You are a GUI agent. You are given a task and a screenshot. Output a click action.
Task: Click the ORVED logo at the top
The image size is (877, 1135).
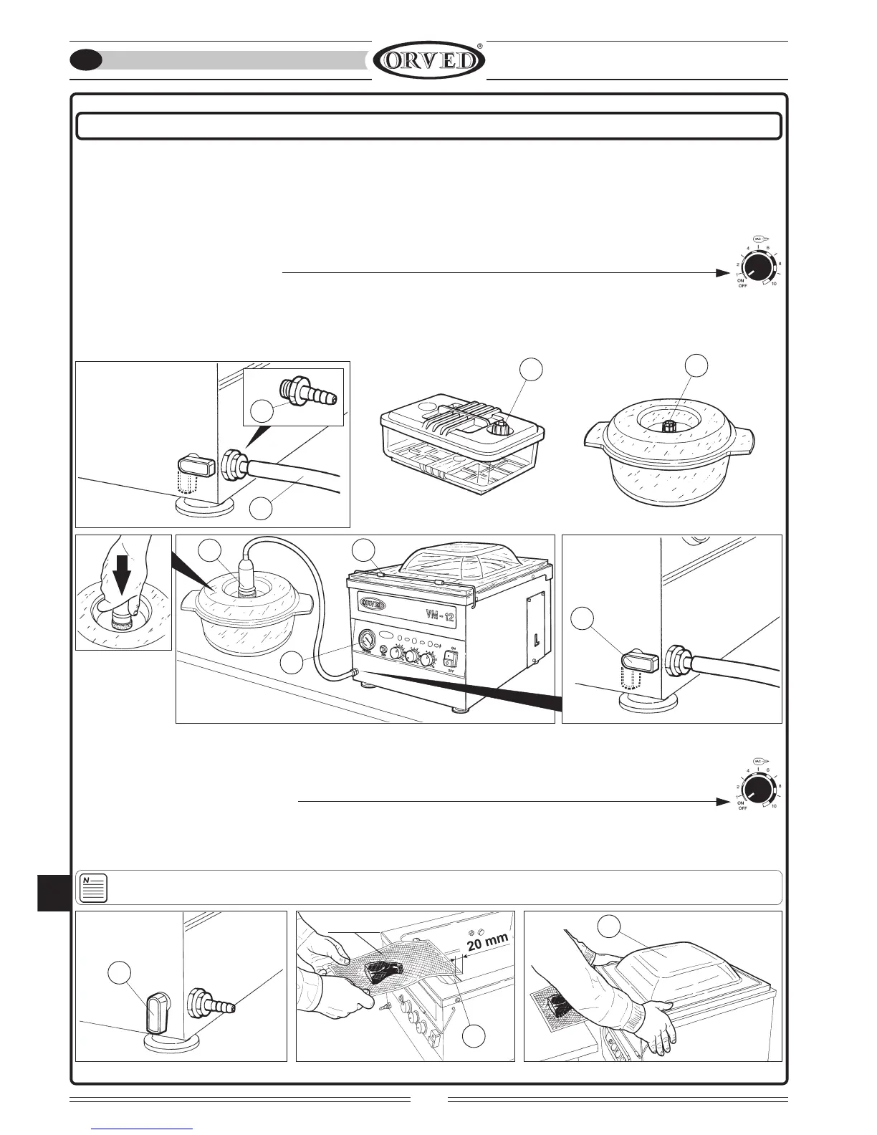point(428,61)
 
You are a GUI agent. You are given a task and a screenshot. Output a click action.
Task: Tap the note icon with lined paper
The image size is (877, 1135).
point(94,888)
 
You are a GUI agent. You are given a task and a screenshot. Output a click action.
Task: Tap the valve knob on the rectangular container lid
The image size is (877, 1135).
point(498,428)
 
